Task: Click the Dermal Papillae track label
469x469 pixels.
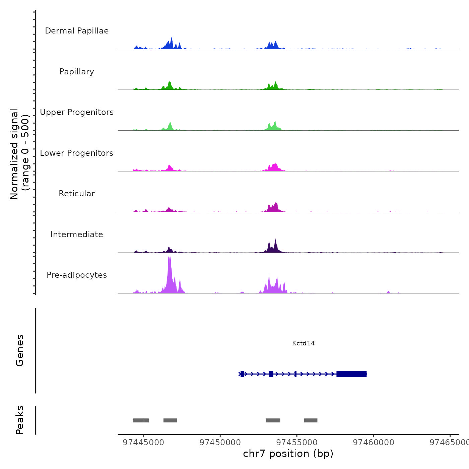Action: click(77, 31)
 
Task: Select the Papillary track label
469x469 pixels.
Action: click(77, 72)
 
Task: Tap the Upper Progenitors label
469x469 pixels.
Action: click(77, 112)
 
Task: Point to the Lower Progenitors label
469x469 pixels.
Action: click(77, 153)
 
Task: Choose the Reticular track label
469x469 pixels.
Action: click(77, 194)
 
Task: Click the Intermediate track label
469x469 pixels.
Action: click(77, 234)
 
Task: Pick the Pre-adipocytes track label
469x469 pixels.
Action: click(77, 275)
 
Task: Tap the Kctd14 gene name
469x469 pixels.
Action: click(304, 343)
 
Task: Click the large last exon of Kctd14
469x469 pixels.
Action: click(351, 374)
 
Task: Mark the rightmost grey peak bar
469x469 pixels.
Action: click(311, 420)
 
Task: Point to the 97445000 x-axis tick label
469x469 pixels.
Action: click(143, 443)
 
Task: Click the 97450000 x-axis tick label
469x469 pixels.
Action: click(220, 443)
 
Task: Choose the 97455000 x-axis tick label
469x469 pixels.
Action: click(297, 443)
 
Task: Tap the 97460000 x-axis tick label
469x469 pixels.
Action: click(374, 443)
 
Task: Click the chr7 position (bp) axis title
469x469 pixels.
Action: click(288, 454)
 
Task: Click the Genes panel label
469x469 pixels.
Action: click(20, 350)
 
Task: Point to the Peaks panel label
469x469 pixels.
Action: click(20, 420)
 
